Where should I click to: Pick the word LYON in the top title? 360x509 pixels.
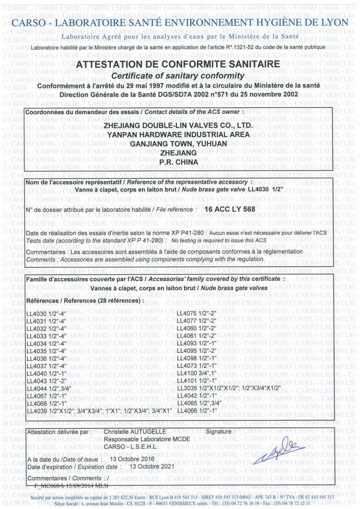(x=332, y=23)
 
